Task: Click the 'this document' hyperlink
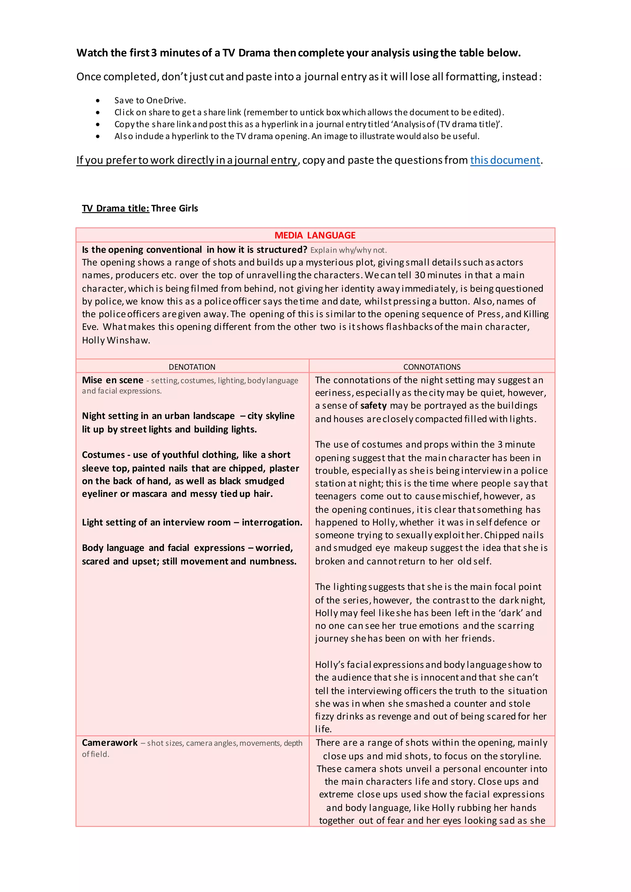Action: [505, 160]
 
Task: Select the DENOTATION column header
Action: [192, 367]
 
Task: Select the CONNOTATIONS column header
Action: [432, 367]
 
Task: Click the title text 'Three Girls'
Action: [174, 208]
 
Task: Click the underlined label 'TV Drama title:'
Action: [116, 208]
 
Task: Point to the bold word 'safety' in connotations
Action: [373, 406]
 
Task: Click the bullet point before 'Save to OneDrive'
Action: [98, 101]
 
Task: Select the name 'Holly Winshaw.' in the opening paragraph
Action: [116, 340]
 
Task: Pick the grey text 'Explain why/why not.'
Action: [348, 250]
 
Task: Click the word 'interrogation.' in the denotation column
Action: [272, 522]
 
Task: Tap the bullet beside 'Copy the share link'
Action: [98, 124]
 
